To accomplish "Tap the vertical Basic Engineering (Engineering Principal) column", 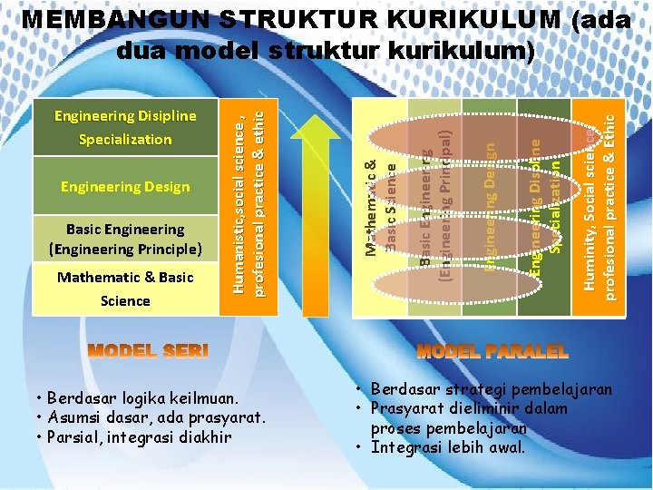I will tap(434, 204).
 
